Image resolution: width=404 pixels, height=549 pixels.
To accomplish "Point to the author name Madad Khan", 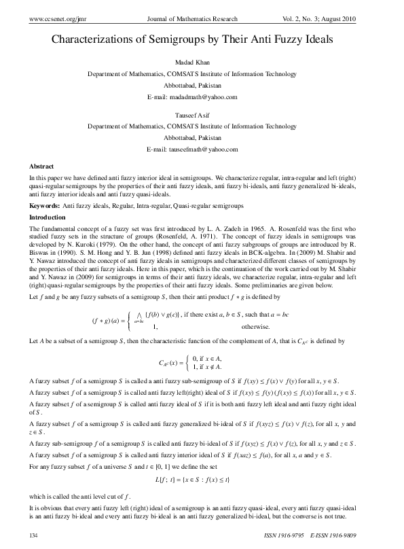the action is pyautogui.click(x=202, y=62).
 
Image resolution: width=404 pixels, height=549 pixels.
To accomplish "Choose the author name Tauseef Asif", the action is pyautogui.click(x=202, y=114).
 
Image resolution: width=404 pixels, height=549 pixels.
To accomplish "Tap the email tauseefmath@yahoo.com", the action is pyautogui.click(x=202, y=149).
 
